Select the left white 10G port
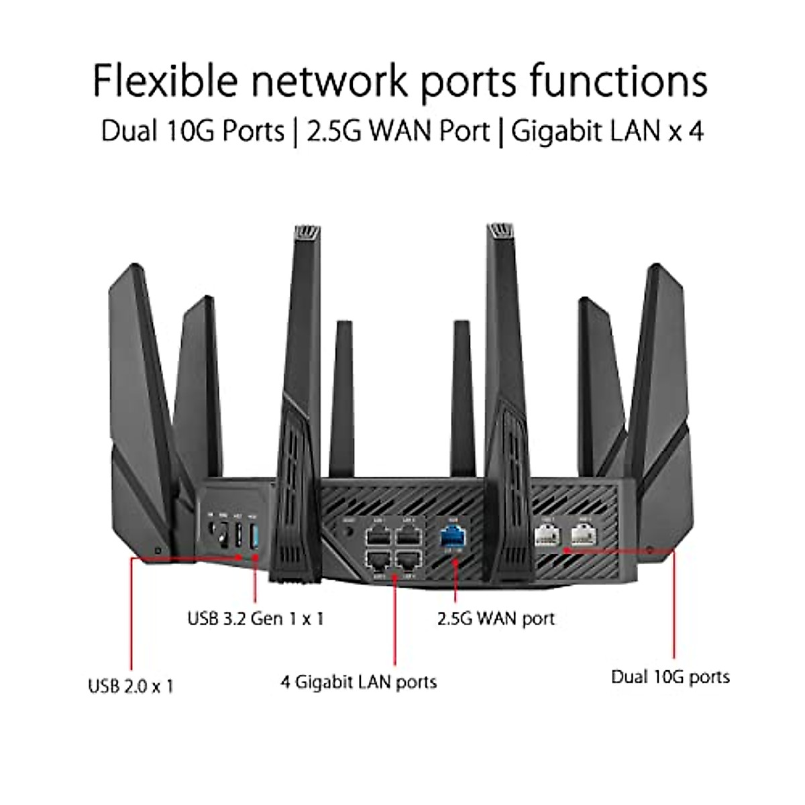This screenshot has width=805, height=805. point(546,533)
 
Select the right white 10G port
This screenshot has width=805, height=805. point(582,533)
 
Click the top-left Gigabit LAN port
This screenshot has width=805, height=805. point(376,535)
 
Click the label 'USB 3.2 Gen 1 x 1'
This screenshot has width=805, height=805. point(256,618)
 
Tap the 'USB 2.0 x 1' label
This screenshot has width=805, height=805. point(131,686)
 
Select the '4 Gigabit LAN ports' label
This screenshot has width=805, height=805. point(359,682)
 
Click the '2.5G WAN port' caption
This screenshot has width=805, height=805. point(496,618)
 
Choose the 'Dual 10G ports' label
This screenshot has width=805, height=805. point(670,676)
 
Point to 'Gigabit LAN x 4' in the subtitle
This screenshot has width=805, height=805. point(607,131)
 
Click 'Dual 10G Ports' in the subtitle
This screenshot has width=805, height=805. point(193,131)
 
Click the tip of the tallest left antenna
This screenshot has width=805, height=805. point(306,231)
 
